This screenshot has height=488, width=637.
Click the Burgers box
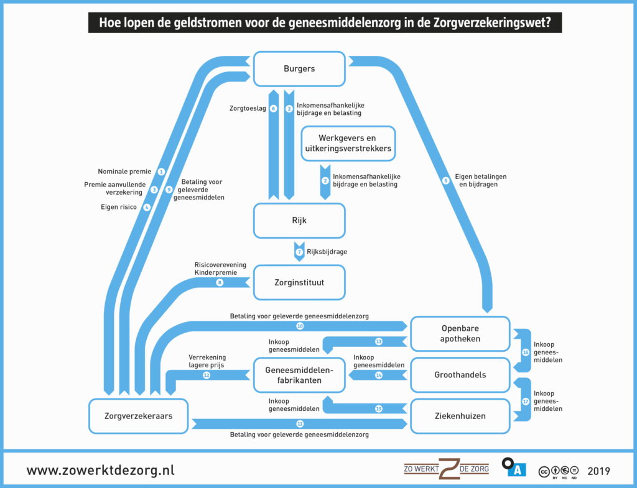click(299, 68)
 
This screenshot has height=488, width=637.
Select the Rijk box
click(299, 220)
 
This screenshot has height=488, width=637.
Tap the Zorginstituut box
click(299, 282)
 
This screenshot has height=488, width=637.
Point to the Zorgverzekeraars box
click(139, 415)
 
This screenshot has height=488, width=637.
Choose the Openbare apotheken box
click(460, 334)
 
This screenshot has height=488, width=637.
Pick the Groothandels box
click(460, 375)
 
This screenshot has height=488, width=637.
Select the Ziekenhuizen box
click(460, 415)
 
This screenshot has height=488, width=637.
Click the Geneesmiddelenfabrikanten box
click(299, 375)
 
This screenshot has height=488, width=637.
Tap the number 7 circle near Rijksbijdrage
click(299, 252)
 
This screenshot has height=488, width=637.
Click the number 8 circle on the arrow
click(220, 282)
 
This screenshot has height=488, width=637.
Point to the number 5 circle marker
click(445, 181)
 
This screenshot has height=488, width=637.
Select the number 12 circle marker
click(207, 375)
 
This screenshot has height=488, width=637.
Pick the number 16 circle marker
click(525, 352)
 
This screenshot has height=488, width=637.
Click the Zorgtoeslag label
click(248, 108)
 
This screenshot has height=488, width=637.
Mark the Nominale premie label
click(124, 171)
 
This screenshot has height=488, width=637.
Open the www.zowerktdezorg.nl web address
click(100, 470)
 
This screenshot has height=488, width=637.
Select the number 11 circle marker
click(300, 423)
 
